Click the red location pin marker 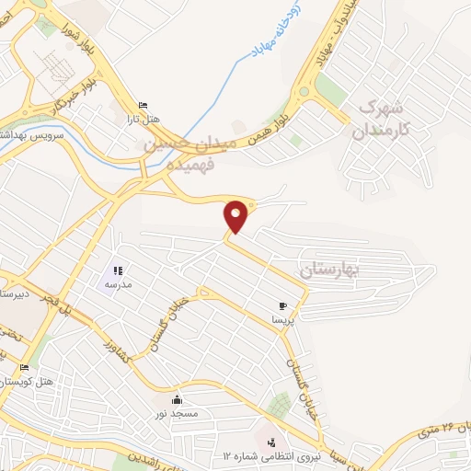pyautogui.click(x=237, y=215)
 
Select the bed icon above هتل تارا pyautogui.click(x=142, y=106)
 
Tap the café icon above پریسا pyautogui.click(x=282, y=306)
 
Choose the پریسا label pyautogui.click(x=282, y=321)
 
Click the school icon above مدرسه pyautogui.click(x=118, y=270)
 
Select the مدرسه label pyautogui.click(x=118, y=285)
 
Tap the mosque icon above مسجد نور pyautogui.click(x=177, y=399)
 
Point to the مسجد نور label pyautogui.click(x=177, y=414)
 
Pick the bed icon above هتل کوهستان pyautogui.click(x=23, y=368)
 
